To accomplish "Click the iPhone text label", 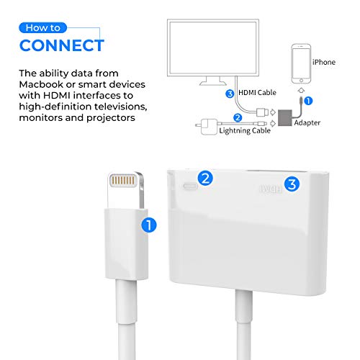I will pos(324,63).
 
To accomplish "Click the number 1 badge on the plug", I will pos(150,225).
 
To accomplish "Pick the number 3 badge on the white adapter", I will pos(291,184).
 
